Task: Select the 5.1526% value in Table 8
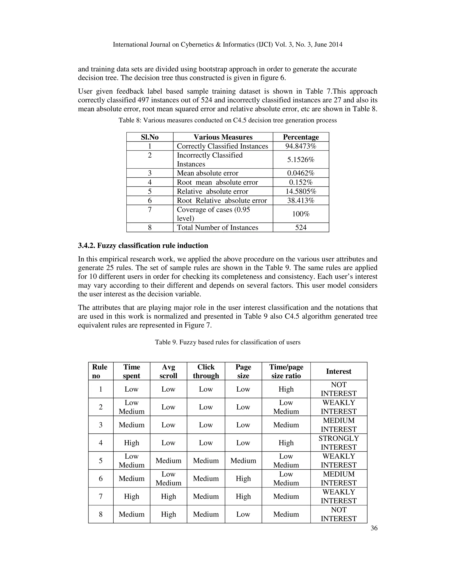301,160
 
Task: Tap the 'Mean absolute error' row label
207,173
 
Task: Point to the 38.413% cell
301,201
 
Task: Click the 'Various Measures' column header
223,137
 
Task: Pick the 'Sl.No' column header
150,137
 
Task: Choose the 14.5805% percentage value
301,192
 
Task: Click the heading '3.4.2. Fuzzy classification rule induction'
143,246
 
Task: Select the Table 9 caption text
228,342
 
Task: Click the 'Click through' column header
206,371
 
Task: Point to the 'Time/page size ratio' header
286,371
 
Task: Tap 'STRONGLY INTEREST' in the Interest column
338,443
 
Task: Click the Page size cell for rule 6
243,478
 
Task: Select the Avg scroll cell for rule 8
168,514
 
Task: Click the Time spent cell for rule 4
131,443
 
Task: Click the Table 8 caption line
228,120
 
